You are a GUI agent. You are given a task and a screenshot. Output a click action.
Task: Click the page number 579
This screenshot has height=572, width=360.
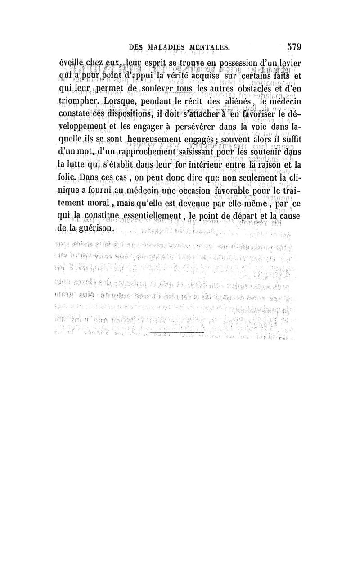pos(292,46)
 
